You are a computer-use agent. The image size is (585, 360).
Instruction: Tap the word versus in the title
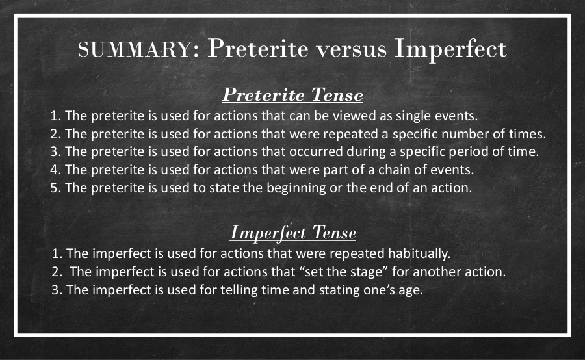pos(351,49)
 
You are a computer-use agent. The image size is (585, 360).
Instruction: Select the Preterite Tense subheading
pos(292,95)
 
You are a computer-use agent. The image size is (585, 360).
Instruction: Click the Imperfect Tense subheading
pos(292,233)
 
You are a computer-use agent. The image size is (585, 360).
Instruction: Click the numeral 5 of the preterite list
pos(55,188)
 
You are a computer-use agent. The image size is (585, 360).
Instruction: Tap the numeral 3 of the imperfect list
pos(57,290)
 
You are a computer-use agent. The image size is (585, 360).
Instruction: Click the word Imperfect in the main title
pos(450,49)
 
